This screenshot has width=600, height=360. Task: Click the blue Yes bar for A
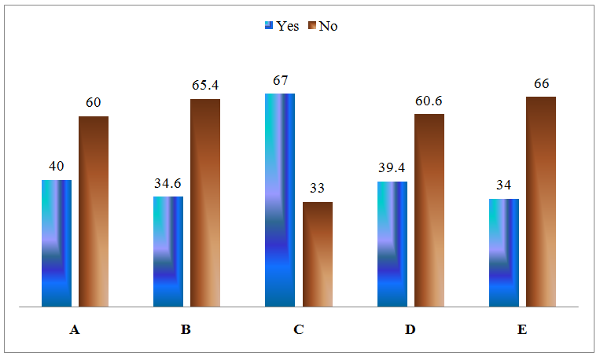[x=56, y=243]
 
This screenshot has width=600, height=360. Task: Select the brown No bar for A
[x=94, y=211]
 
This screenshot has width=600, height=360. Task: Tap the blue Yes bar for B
[x=168, y=251]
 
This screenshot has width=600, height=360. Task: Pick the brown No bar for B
[x=205, y=202]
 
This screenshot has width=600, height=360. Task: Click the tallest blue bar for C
[x=280, y=200]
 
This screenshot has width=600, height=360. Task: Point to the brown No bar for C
[x=318, y=254]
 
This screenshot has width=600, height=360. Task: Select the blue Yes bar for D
[x=392, y=244]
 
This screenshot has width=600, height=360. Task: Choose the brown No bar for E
[x=541, y=201]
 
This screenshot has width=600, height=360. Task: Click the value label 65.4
[x=204, y=86]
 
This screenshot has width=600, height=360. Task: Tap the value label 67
[x=280, y=80]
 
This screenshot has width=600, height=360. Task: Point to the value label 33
[x=318, y=189]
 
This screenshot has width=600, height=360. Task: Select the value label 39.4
[x=392, y=168]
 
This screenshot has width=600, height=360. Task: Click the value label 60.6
[x=429, y=101]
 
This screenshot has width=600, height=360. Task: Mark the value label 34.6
[x=168, y=183]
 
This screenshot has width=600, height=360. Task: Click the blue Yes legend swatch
[x=269, y=25]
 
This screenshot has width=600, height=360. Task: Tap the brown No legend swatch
[x=311, y=25]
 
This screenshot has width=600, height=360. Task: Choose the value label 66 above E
[x=541, y=83]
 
